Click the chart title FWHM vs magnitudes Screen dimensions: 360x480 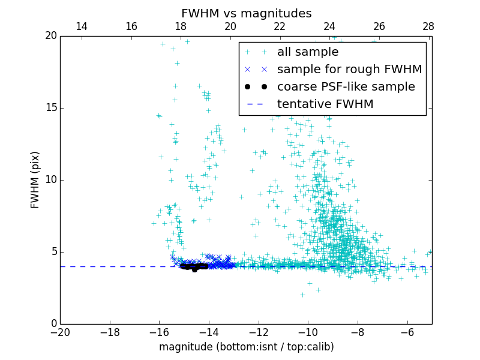click(246, 13)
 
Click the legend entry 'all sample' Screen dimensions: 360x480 click(307, 52)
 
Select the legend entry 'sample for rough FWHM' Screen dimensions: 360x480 click(349, 70)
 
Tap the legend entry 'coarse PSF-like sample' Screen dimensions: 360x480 click(346, 87)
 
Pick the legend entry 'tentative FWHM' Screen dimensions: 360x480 click(325, 104)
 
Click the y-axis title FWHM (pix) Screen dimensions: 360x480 click(35, 180)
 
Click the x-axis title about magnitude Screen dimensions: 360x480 click(246, 347)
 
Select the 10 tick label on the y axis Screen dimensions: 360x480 click(50, 180)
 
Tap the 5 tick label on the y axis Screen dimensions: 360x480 click(53, 252)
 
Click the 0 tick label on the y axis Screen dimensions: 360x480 click(53, 324)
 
